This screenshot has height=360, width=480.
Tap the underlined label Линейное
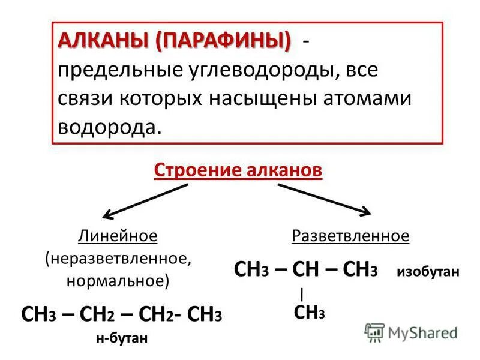tap(118, 236)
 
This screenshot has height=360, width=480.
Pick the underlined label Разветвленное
tap(350, 236)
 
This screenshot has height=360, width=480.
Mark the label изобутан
tap(427, 272)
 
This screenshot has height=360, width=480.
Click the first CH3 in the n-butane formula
tap(40, 314)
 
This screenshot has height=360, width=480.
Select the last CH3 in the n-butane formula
tap(205, 314)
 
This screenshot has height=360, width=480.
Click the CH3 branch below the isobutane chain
tap(309, 312)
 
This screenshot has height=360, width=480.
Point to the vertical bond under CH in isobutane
tap(302, 293)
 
